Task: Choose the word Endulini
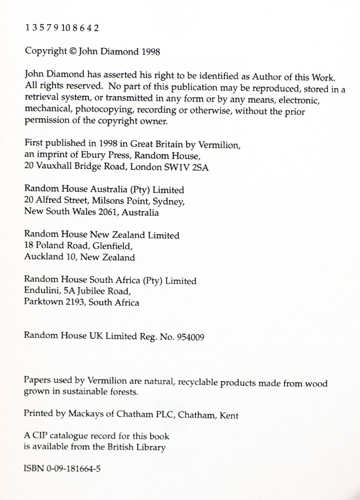(41, 291)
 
